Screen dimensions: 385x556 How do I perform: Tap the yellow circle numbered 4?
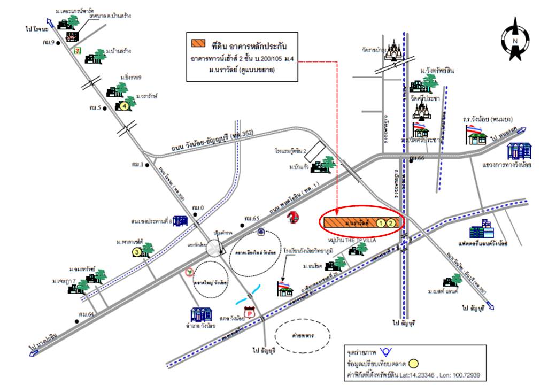[x=125, y=106]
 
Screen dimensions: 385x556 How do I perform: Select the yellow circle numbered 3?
[x=137, y=251]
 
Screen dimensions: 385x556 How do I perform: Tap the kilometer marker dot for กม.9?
[x=60, y=42]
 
